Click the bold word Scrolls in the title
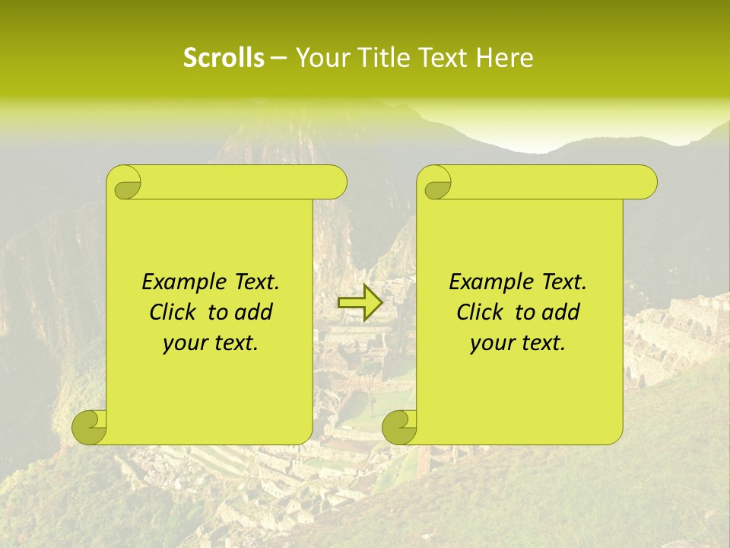point(224,58)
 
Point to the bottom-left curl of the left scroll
point(90,427)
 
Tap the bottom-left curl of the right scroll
point(399,427)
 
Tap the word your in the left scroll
point(182,343)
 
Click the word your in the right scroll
point(490,343)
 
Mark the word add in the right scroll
point(561,312)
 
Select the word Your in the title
point(320,58)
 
